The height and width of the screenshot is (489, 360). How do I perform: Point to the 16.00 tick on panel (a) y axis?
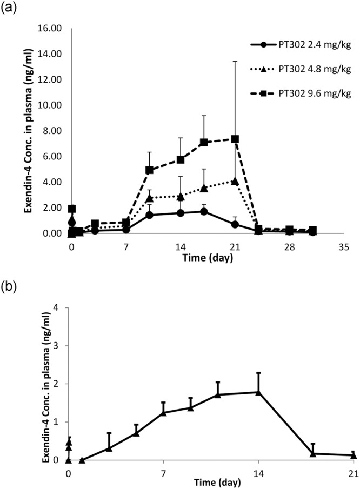(x=54, y=28)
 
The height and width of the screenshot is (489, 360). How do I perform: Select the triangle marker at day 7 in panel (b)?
(x=163, y=412)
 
